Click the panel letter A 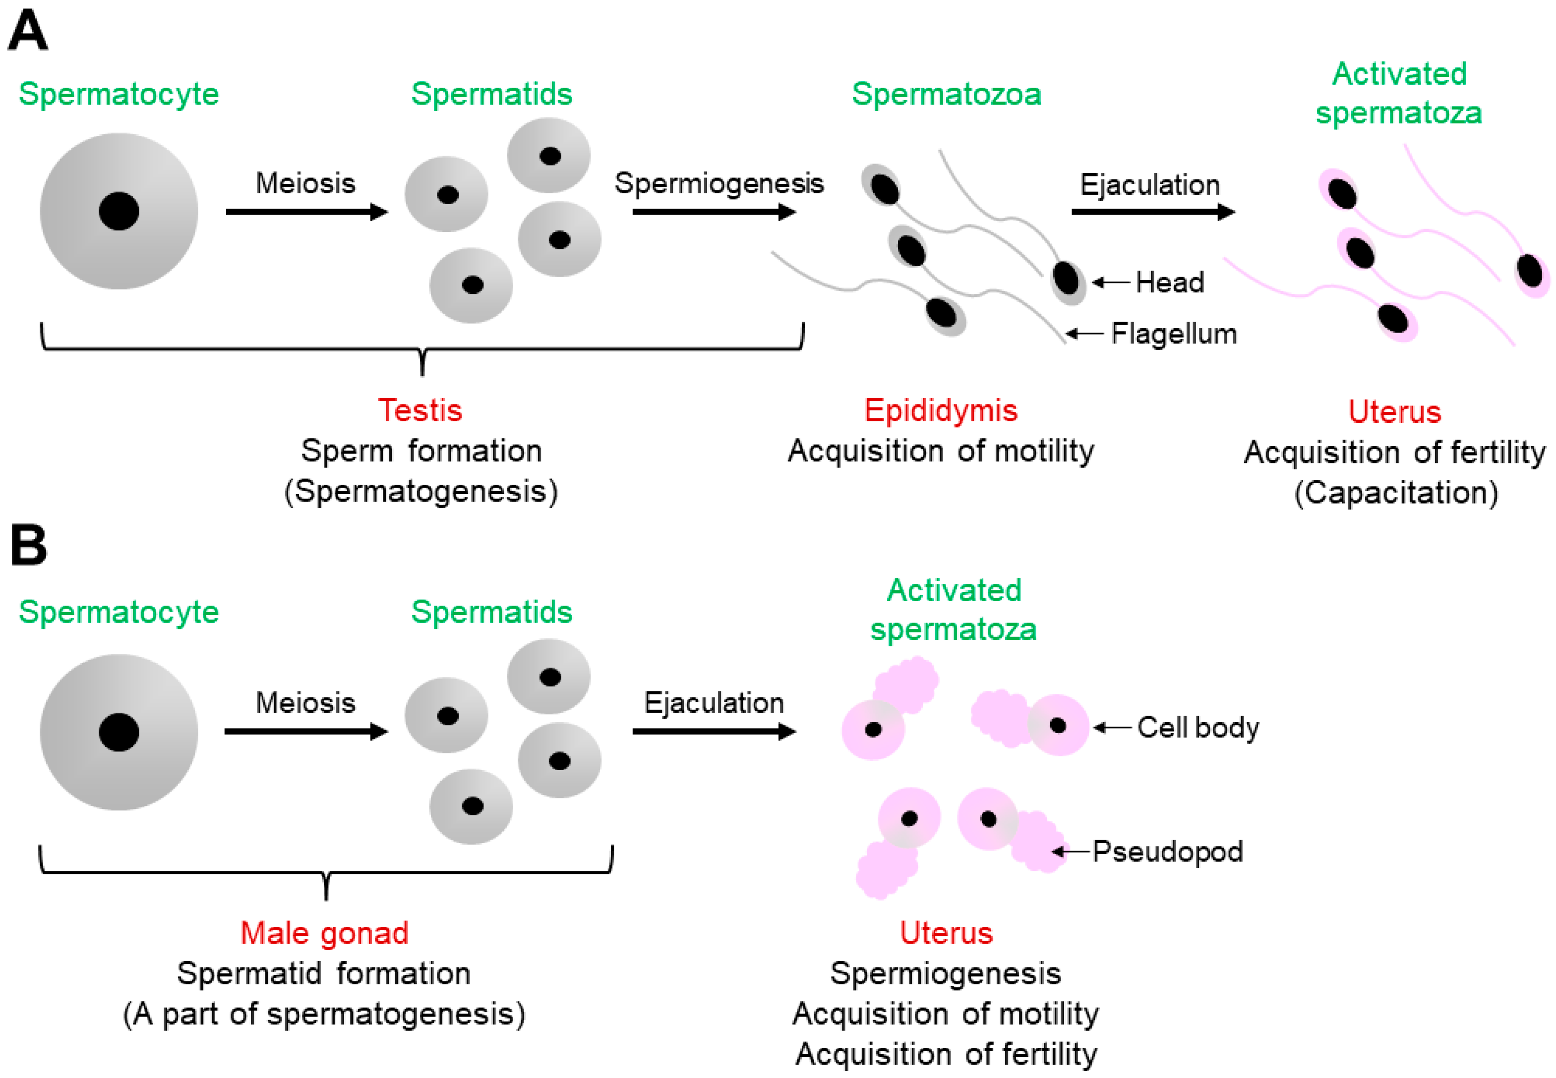pos(28,30)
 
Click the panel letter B pos(28,545)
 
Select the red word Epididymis pos(941,410)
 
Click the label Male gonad pos(324,933)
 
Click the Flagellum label pos(1174,334)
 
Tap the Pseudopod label pos(1168,851)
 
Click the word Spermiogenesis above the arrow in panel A pos(719,183)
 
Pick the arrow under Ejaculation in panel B pos(714,732)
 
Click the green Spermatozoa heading pos(946,94)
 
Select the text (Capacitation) pos(1396,492)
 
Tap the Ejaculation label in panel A pos(1149,184)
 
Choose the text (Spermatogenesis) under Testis pos(421,491)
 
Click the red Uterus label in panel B pos(946,933)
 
